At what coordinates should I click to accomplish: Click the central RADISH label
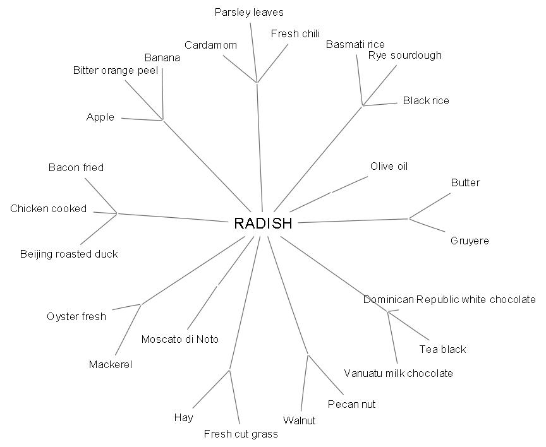263,223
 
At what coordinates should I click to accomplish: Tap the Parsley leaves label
249,12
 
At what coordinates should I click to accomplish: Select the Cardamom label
211,45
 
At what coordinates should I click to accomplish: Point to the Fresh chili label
295,34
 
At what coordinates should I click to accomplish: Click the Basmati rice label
355,44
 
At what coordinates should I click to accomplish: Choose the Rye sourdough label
405,55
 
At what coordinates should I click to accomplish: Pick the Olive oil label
389,166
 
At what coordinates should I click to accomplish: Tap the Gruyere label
470,241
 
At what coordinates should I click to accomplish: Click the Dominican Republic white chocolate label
449,299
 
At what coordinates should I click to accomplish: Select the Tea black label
442,349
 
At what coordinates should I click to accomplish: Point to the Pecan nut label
351,404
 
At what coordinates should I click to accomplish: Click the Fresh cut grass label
241,434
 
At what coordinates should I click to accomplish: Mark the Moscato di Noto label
180,339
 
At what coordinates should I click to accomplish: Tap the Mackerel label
111,364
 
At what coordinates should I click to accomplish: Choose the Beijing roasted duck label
69,254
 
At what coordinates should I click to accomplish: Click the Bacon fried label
76,167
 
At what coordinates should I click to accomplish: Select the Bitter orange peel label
115,70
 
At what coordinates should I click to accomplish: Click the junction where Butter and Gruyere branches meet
409,219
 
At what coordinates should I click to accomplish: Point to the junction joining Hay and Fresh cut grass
229,370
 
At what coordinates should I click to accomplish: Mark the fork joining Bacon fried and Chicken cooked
117,213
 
